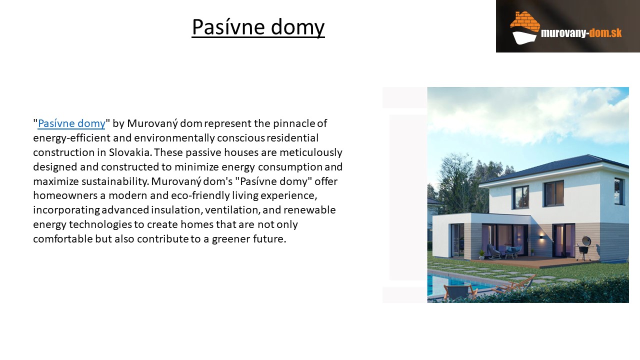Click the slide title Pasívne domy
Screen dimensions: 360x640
[x=258, y=27]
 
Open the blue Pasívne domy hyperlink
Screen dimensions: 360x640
[x=71, y=123]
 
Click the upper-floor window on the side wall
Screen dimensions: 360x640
[x=619, y=191]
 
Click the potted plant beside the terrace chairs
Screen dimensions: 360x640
[x=482, y=253]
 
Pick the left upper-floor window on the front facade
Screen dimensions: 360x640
[x=520, y=197]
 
